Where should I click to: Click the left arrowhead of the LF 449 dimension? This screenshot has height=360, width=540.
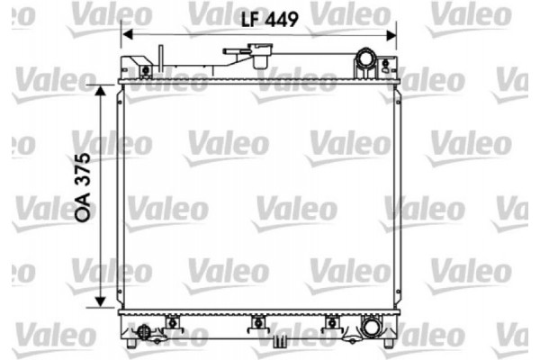pyautogui.click(x=127, y=33)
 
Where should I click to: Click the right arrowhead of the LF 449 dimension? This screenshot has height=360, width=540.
pyautogui.click(x=392, y=33)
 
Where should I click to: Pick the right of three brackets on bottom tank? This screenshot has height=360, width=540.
pyautogui.click(x=331, y=320)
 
